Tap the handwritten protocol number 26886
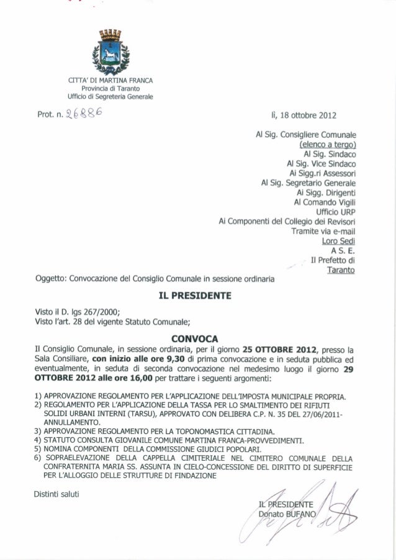80,115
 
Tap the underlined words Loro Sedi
338,241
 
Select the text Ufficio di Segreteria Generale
107,96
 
